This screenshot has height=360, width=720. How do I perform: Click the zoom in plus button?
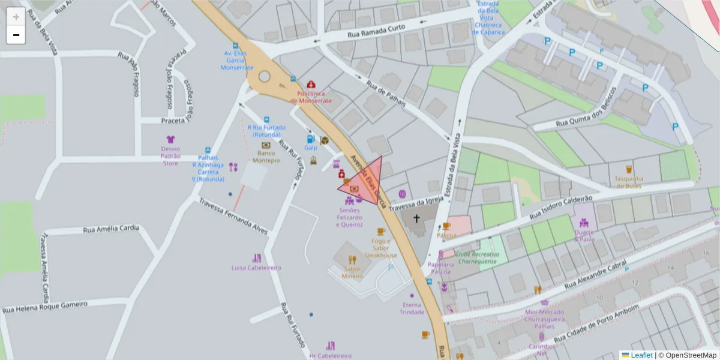click(x=16, y=17)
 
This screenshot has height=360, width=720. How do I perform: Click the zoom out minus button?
click(x=16, y=35)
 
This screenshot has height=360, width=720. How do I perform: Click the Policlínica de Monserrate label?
click(x=311, y=97)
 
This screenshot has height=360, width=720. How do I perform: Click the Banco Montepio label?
click(x=266, y=157)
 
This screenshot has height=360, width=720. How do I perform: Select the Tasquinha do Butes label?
click(x=629, y=182)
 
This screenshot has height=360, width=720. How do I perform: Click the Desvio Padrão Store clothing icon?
click(x=170, y=139)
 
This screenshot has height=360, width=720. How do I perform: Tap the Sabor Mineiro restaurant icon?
click(x=352, y=260)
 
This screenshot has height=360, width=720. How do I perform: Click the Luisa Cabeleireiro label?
click(x=256, y=268)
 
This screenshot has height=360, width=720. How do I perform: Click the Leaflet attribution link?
click(x=641, y=355)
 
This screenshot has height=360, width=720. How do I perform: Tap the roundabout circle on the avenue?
click(x=265, y=76)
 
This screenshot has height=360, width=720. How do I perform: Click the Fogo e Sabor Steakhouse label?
click(x=381, y=248)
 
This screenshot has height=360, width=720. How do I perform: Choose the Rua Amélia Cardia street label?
click(x=111, y=229)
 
